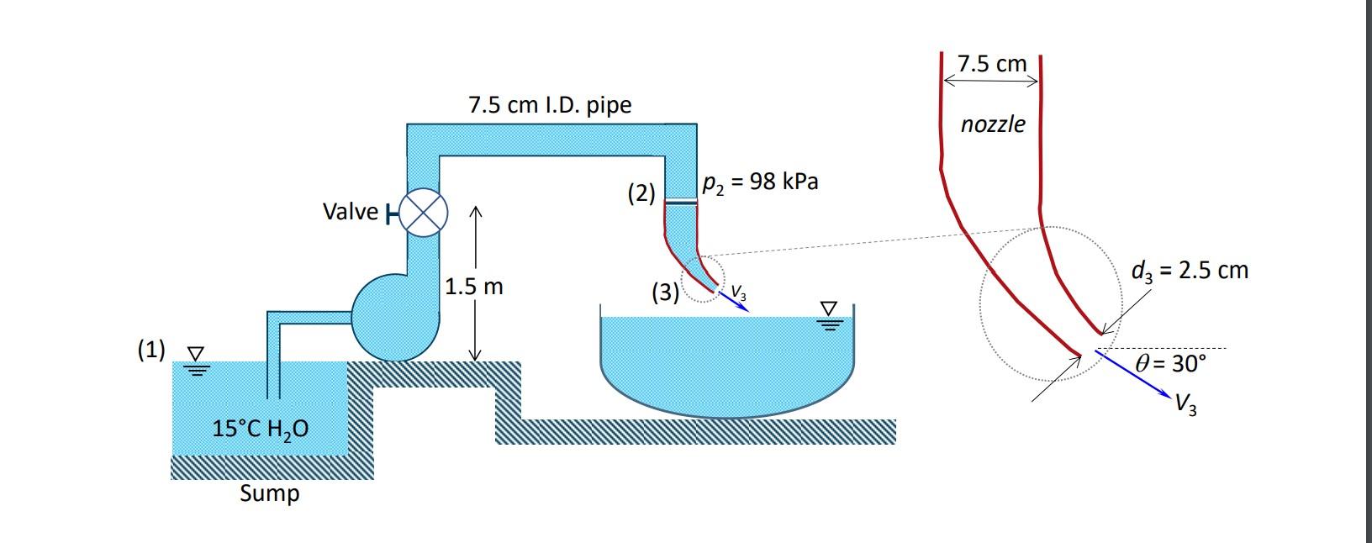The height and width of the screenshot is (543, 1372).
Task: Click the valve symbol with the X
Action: pyautogui.click(x=423, y=214)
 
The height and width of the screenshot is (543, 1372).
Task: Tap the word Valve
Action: pyautogui.click(x=350, y=212)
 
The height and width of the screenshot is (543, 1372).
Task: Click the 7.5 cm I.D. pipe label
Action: pyautogui.click(x=550, y=105)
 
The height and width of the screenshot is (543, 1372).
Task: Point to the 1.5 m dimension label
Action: pyautogui.click(x=474, y=287)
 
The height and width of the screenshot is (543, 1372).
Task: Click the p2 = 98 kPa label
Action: pyautogui.click(x=760, y=182)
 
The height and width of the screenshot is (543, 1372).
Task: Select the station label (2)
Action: pyautogui.click(x=641, y=193)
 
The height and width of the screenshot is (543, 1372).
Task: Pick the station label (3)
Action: pyautogui.click(x=665, y=293)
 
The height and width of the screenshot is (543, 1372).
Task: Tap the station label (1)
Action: pyautogui.click(x=151, y=349)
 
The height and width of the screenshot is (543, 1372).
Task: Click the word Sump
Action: pyautogui.click(x=269, y=493)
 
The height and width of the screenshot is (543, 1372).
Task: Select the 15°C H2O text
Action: pyautogui.click(x=260, y=430)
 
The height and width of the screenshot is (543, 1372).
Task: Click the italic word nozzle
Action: pyautogui.click(x=993, y=124)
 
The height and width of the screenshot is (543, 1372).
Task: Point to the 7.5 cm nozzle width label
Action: pyautogui.click(x=992, y=64)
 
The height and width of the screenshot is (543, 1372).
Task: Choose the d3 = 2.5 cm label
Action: pyautogui.click(x=1190, y=271)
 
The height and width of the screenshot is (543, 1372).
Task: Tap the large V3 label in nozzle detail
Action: pyautogui.click(x=1186, y=405)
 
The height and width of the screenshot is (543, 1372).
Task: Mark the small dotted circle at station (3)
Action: pyautogui.click(x=702, y=278)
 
